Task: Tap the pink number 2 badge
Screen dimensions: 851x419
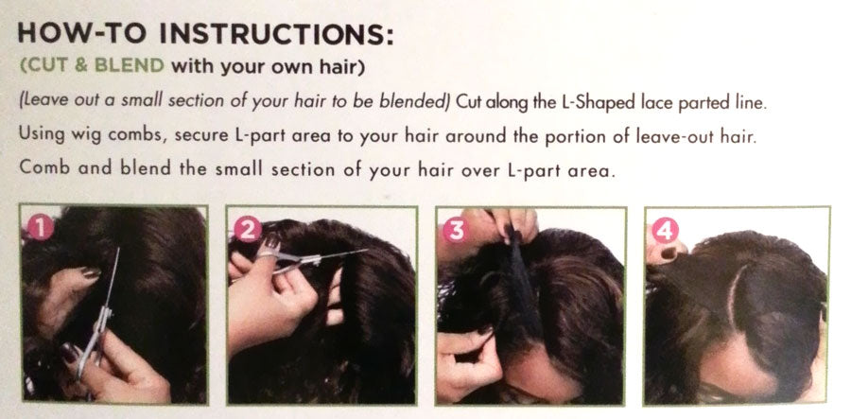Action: [x=248, y=229]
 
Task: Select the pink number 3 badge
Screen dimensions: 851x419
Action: [x=455, y=230]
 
